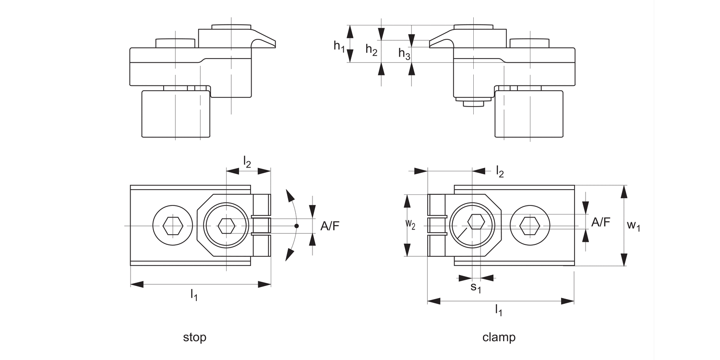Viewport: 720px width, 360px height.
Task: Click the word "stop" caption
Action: pos(194,337)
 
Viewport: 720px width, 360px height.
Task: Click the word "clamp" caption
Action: pos(499,337)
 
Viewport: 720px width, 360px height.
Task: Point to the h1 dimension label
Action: pos(339,46)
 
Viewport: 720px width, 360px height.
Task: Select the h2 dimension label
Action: pos(371,49)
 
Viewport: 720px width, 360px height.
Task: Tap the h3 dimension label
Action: pos(404,54)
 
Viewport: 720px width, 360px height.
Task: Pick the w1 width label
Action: pos(634,225)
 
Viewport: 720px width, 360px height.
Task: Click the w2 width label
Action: pos(410,225)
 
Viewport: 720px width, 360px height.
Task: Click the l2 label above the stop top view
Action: pos(247,162)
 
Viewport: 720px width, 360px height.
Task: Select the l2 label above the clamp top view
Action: pos(500,172)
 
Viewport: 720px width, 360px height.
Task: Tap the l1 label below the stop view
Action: pos(193,295)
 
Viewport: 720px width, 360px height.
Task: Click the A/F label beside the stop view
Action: pos(329,226)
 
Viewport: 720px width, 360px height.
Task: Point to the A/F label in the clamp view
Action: pos(601,222)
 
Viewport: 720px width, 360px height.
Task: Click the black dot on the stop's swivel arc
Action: pos(297,226)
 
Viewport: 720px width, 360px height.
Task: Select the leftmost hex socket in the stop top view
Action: pos(172,225)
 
